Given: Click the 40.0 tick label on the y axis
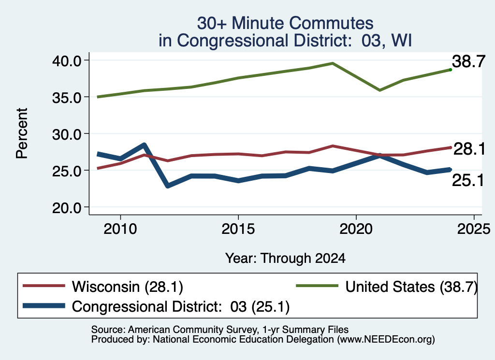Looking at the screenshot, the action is click(x=66, y=60).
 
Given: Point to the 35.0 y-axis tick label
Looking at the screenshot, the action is click(x=66, y=98).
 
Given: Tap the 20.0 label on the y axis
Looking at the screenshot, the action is click(x=66, y=208).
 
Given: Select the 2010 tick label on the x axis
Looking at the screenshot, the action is click(x=120, y=229).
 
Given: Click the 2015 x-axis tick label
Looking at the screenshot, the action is click(x=238, y=229).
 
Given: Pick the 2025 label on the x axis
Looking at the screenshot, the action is click(x=474, y=229).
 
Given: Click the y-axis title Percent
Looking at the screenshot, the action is click(x=22, y=133).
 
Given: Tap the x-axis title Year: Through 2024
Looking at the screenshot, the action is click(x=285, y=258).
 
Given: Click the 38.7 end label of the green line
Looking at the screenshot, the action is click(x=468, y=61).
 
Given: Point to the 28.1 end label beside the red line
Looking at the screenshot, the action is click(x=469, y=149).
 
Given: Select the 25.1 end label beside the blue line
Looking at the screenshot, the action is click(x=468, y=180).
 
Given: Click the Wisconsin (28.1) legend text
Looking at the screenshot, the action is click(x=128, y=287).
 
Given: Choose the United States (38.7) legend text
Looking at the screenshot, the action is click(x=411, y=287).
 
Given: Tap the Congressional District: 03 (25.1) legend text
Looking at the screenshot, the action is click(x=181, y=306).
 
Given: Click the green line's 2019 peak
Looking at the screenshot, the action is click(x=333, y=63).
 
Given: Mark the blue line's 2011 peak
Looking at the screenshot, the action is click(x=144, y=145).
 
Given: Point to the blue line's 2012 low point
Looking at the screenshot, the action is click(x=168, y=186).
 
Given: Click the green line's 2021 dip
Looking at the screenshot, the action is click(x=380, y=90).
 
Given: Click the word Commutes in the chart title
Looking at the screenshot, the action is click(x=331, y=23).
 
